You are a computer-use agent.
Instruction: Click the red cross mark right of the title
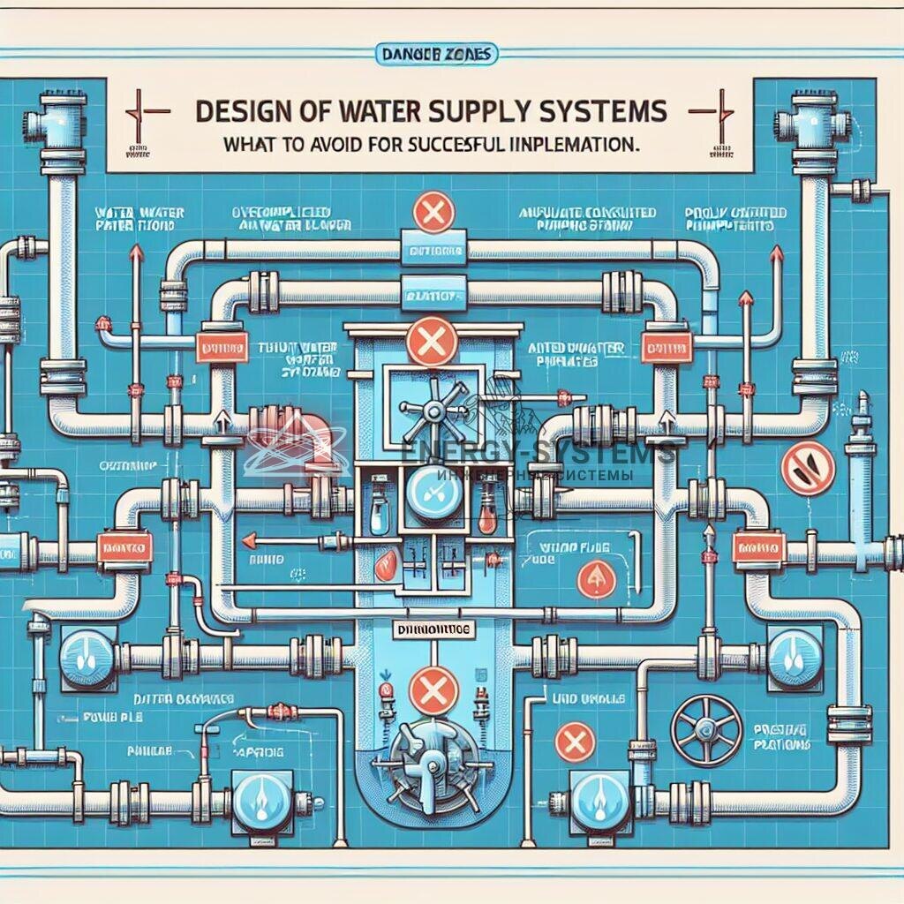point(712,113)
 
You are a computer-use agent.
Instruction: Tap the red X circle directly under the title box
point(432,212)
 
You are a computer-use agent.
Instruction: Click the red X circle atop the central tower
point(433,343)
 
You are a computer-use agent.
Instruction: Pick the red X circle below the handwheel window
point(576,735)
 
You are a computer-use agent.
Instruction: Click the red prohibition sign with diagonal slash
point(807,468)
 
